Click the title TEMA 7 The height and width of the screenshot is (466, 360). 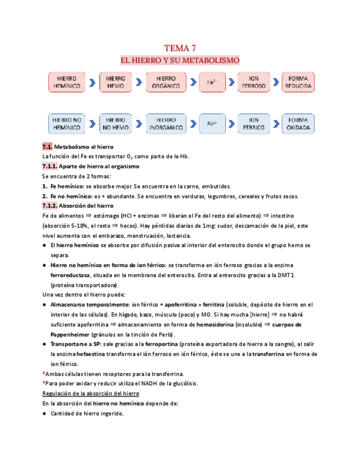point(180,48)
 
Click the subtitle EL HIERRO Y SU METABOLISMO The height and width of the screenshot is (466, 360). point(180,60)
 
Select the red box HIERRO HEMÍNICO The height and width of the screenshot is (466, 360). point(67,82)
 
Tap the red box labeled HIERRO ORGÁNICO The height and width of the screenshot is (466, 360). point(166,82)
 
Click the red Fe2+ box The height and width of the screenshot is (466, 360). point(211,82)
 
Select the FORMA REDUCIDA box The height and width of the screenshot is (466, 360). point(298,82)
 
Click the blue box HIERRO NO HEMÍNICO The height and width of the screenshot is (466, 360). point(67,124)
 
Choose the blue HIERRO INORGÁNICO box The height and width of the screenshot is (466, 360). point(166,124)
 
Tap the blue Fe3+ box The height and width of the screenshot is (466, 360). point(211,124)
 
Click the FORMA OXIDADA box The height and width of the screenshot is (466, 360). point(298,124)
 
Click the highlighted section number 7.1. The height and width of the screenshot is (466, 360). point(47,147)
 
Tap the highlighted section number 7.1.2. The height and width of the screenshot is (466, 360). point(50,206)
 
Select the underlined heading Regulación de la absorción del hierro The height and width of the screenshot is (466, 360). point(90,393)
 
